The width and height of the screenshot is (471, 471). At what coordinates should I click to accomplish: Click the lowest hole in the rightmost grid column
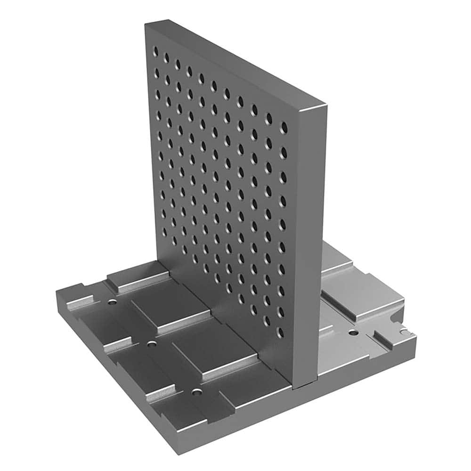[281, 333]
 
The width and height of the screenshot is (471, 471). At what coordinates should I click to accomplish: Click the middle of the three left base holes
[151, 344]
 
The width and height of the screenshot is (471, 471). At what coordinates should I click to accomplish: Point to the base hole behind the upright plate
[352, 333]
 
